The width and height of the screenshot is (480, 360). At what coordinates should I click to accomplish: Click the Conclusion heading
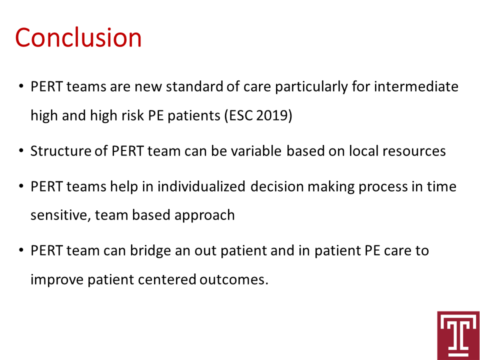pyautogui.click(x=78, y=37)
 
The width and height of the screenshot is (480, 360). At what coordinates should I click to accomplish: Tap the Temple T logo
pyautogui.click(x=458, y=335)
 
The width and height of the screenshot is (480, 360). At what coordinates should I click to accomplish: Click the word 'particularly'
pyautogui.click(x=311, y=87)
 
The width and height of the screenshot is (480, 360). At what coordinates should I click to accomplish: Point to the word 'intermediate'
pyautogui.click(x=416, y=86)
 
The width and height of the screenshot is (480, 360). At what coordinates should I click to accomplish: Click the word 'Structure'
pyautogui.click(x=60, y=151)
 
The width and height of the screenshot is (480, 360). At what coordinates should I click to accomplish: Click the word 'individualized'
pyautogui.click(x=201, y=186)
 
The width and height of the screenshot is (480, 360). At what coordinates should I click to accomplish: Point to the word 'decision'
pyautogui.click(x=277, y=186)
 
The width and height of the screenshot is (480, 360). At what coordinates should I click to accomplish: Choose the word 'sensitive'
pyautogui.click(x=60, y=215)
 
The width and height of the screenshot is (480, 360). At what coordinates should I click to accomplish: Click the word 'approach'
pyautogui.click(x=204, y=215)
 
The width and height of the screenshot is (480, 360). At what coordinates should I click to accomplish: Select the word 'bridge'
pyautogui.click(x=150, y=250)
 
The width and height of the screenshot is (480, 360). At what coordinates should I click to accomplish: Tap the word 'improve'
pyautogui.click(x=57, y=280)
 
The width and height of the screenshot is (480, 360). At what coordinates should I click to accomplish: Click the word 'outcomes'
pyautogui.click(x=234, y=280)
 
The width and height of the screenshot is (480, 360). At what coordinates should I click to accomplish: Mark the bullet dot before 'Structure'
pyautogui.click(x=21, y=151)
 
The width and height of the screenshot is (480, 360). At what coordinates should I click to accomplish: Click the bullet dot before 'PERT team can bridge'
pyautogui.click(x=21, y=250)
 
